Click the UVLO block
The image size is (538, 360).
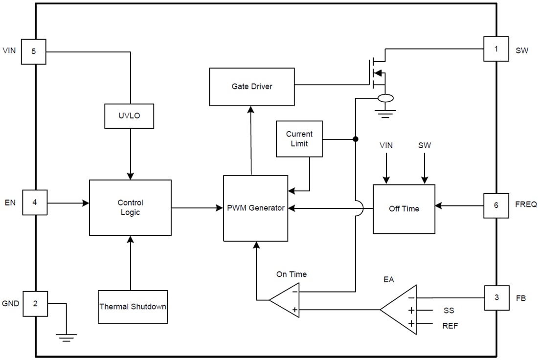tap(130, 116)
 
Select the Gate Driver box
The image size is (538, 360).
tap(252, 87)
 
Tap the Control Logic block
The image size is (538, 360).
tap(130, 207)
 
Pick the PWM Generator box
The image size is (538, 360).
tap(255, 208)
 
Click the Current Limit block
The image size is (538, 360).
tap(299, 139)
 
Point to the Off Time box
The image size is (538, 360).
tap(404, 209)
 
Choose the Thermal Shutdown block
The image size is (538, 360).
tap(133, 307)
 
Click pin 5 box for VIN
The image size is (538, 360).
tap(33, 51)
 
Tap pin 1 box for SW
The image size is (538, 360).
tap(496, 49)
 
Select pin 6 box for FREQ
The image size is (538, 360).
tap(496, 205)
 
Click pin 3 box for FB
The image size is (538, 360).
tap(496, 298)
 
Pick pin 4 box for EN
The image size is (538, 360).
tap(35, 202)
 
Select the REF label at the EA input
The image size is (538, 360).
tap(450, 326)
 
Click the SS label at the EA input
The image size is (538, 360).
tap(448, 311)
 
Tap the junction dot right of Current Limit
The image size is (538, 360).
tap(356, 139)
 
